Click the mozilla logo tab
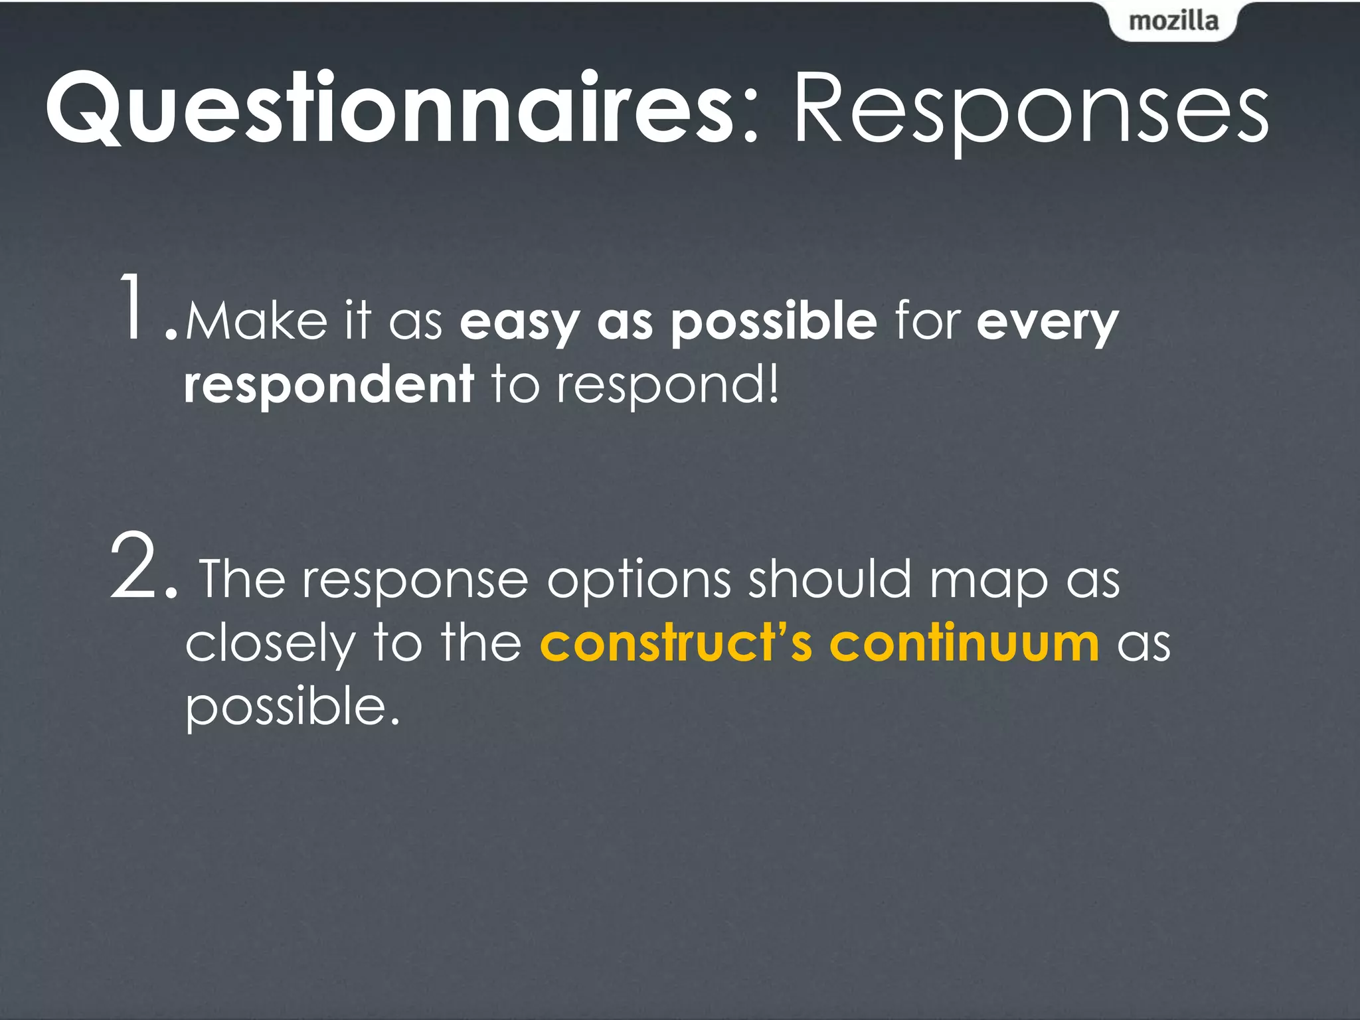tap(1173, 21)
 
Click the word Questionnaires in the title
tap(388, 110)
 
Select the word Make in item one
tap(256, 322)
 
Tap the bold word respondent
tap(329, 385)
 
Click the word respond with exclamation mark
tap(667, 385)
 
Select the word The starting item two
tap(242, 579)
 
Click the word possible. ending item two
tap(292, 708)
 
